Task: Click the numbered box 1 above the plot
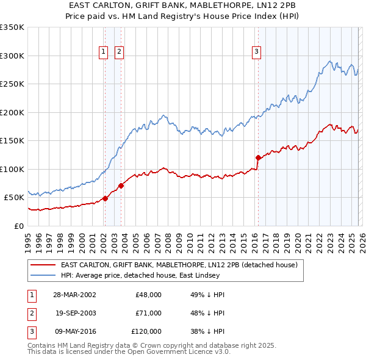coord(104,52)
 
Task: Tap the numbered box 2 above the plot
coord(119,52)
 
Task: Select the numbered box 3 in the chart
coord(257,52)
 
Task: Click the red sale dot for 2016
coord(258,157)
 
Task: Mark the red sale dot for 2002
coord(106,198)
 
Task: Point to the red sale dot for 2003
coord(121,185)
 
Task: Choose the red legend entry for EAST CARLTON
coord(179,265)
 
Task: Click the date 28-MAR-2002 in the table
coord(74,294)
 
